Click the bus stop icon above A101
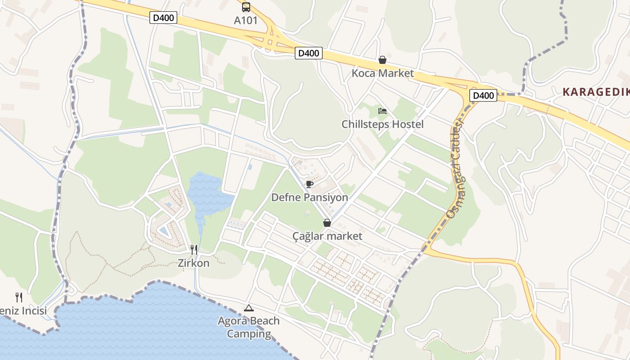[x=246, y=7]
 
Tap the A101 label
[x=246, y=21]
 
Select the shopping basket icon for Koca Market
[x=382, y=60]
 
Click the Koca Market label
[x=382, y=73]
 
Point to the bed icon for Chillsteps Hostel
[x=382, y=111]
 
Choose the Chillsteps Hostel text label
[x=382, y=124]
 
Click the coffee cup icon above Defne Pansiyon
[x=310, y=184]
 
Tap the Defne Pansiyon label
[x=310, y=198]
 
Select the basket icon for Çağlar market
[x=327, y=223]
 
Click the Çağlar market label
[x=327, y=236]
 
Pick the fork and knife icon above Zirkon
[x=194, y=250]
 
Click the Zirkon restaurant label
[x=194, y=263]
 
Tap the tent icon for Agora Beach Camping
[x=248, y=308]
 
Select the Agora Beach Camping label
[x=248, y=328]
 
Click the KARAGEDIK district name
[x=596, y=92]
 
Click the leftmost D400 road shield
[x=163, y=18]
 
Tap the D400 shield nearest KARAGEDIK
[x=483, y=95]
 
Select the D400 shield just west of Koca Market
[x=309, y=53]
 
